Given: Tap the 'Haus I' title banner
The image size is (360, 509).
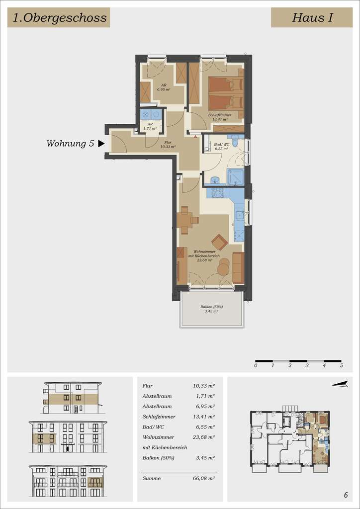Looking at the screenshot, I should [x=312, y=18].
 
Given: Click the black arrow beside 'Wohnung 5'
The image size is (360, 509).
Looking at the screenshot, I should [x=101, y=144].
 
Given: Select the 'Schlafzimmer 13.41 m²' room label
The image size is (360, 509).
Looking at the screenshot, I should [x=219, y=117].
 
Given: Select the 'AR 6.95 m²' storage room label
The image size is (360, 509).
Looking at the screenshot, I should [x=164, y=87].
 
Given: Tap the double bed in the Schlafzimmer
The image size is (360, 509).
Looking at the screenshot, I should [x=225, y=93].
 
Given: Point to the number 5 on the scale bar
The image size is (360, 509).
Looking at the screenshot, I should [x=341, y=365].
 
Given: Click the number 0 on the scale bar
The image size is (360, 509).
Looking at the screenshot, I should [x=256, y=365].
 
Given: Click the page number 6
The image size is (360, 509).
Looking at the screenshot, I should [x=346, y=495].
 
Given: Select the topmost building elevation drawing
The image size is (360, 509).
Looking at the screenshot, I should [x=72, y=398].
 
